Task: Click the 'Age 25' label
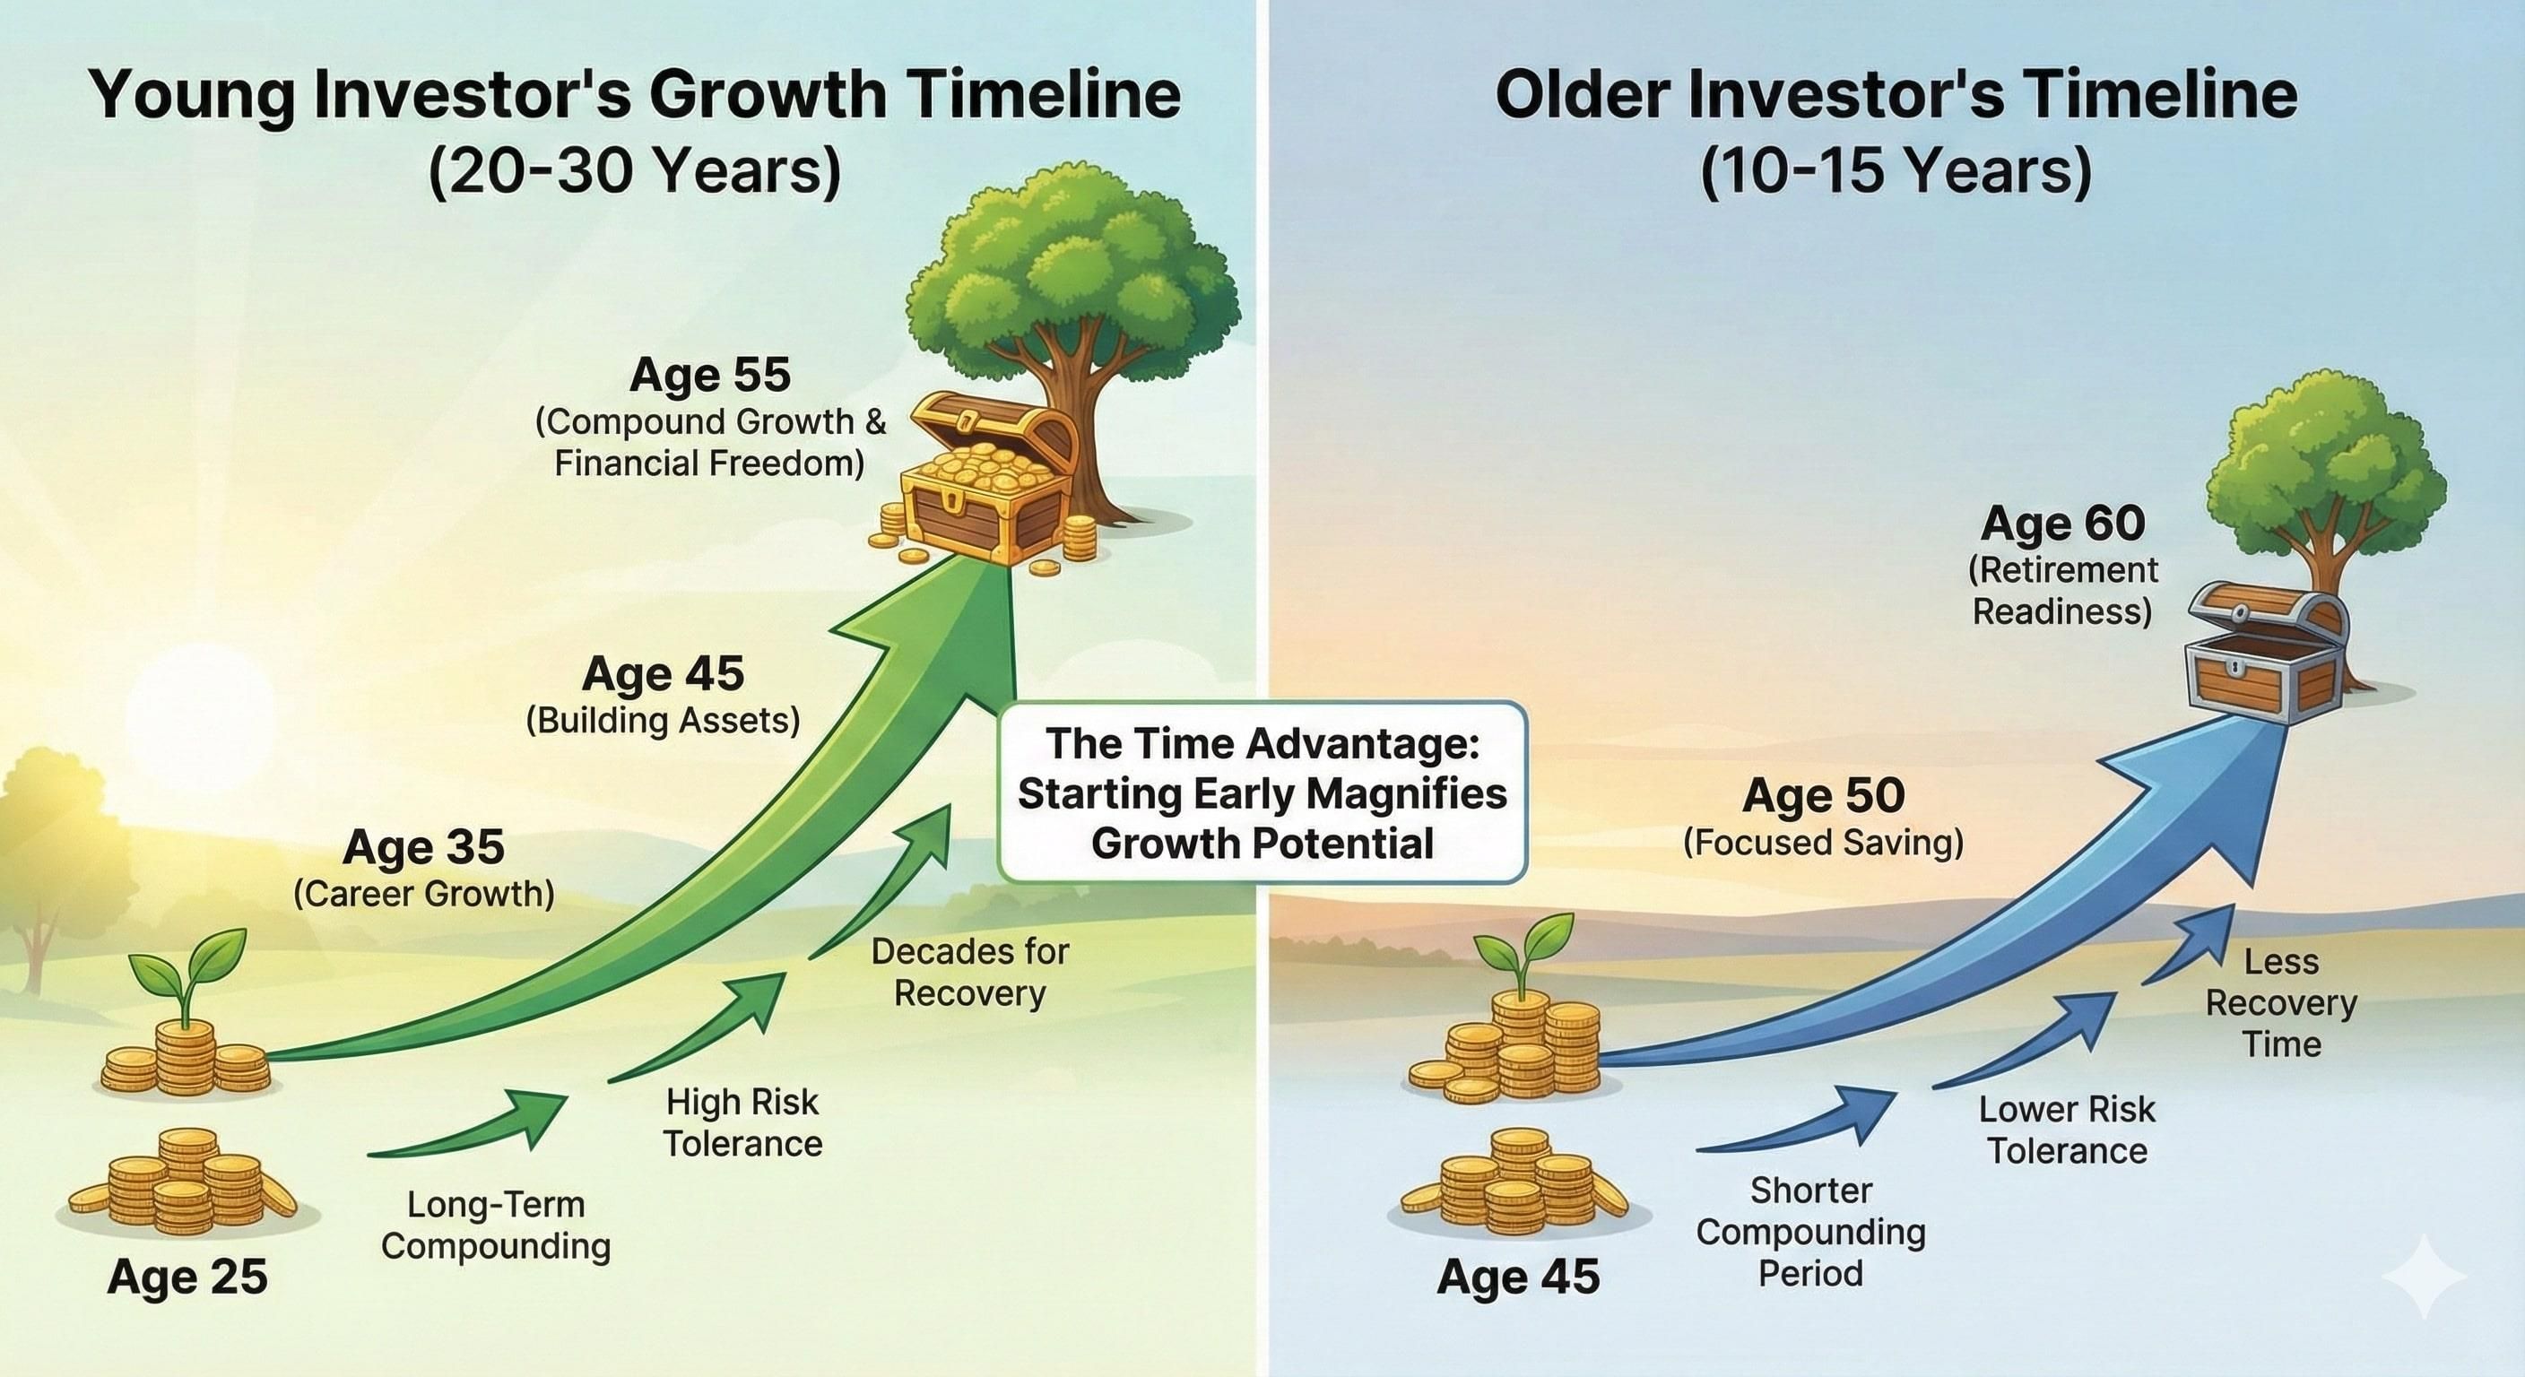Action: click(x=187, y=1276)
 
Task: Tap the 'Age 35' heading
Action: click(x=423, y=847)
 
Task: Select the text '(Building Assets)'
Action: click(x=663, y=721)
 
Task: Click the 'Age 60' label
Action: click(x=2062, y=524)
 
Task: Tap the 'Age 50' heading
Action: click(x=1823, y=795)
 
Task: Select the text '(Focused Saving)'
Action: click(x=1823, y=842)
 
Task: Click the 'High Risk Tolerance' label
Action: click(x=742, y=1123)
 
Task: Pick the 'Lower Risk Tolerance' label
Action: click(x=2066, y=1130)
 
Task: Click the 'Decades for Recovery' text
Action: click(x=969, y=972)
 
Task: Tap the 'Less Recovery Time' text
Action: click(x=2281, y=1002)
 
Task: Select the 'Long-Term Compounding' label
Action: click(x=495, y=1225)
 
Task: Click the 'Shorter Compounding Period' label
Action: click(x=1810, y=1231)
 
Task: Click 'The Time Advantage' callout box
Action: click(x=1262, y=792)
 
